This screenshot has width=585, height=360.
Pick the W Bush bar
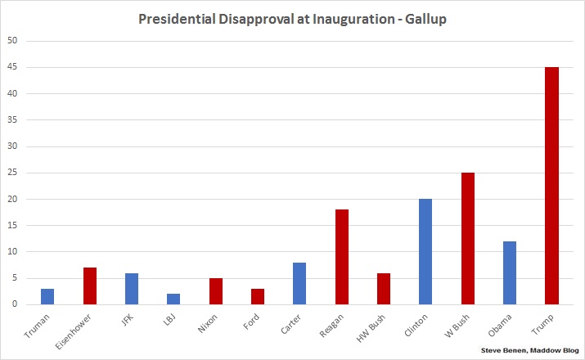(467, 238)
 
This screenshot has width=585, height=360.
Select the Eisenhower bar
(90, 286)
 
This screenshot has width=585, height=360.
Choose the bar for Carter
(299, 283)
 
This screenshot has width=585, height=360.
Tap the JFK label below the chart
(128, 320)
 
